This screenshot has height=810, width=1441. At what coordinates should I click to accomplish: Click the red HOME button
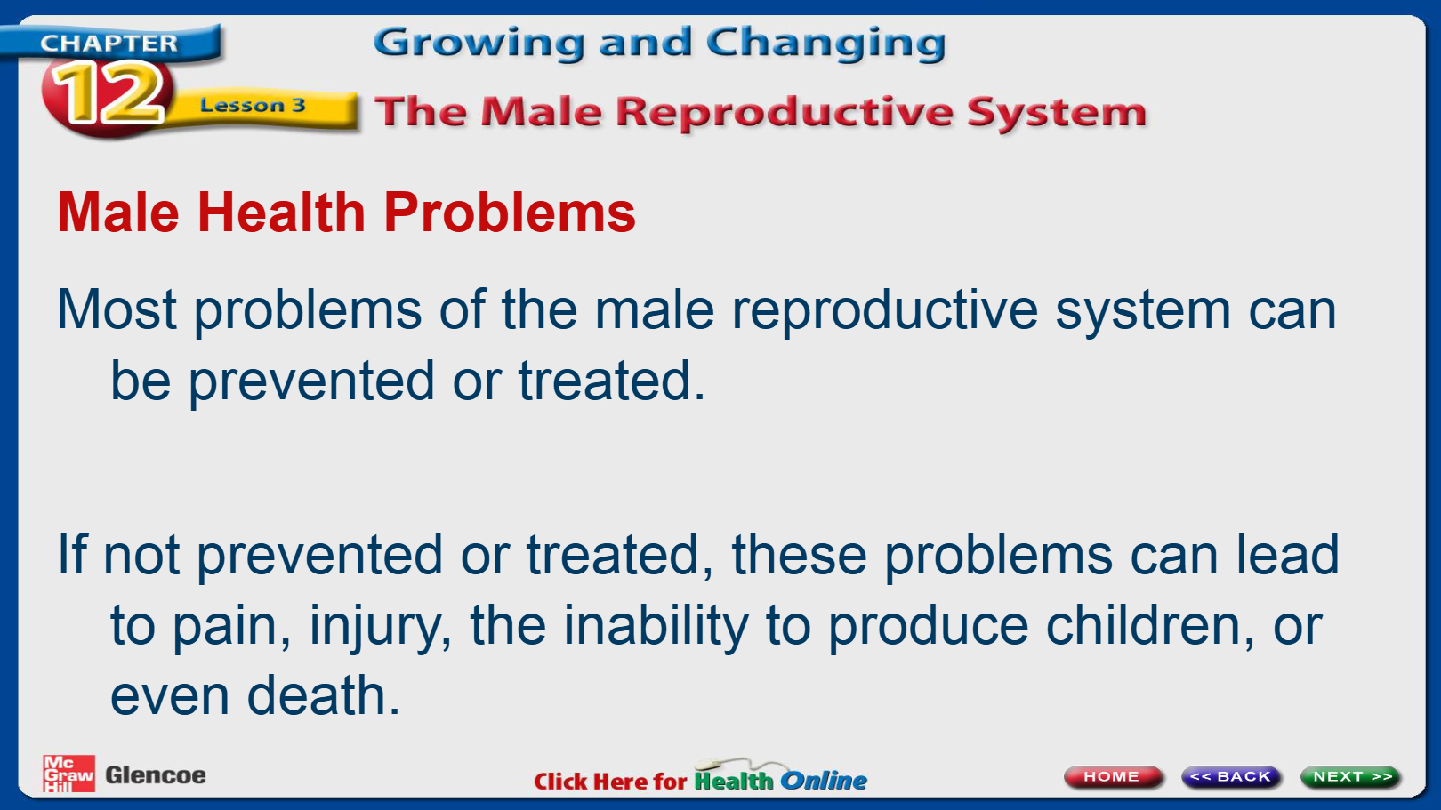coord(1113,776)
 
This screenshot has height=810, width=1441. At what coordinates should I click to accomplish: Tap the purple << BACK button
coord(1231,776)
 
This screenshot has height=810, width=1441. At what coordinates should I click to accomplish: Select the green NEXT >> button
coord(1350,776)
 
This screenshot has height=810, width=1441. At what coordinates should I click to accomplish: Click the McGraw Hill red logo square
coord(68,774)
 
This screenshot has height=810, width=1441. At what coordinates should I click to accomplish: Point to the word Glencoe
coord(156,775)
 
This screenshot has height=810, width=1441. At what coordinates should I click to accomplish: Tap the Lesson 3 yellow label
coord(253,105)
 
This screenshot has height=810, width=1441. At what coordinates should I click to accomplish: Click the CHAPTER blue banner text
coord(109,43)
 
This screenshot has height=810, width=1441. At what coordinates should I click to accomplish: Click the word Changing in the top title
coord(826,44)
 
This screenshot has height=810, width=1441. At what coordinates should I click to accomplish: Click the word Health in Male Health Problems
coord(281,213)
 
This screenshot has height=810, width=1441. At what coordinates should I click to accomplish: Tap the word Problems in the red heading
coord(510,213)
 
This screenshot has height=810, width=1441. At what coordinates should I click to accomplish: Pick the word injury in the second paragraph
coord(381,627)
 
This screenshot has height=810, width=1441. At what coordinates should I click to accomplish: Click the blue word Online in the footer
coord(824,781)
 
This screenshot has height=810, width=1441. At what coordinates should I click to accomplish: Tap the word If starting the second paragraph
coord(71,554)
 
